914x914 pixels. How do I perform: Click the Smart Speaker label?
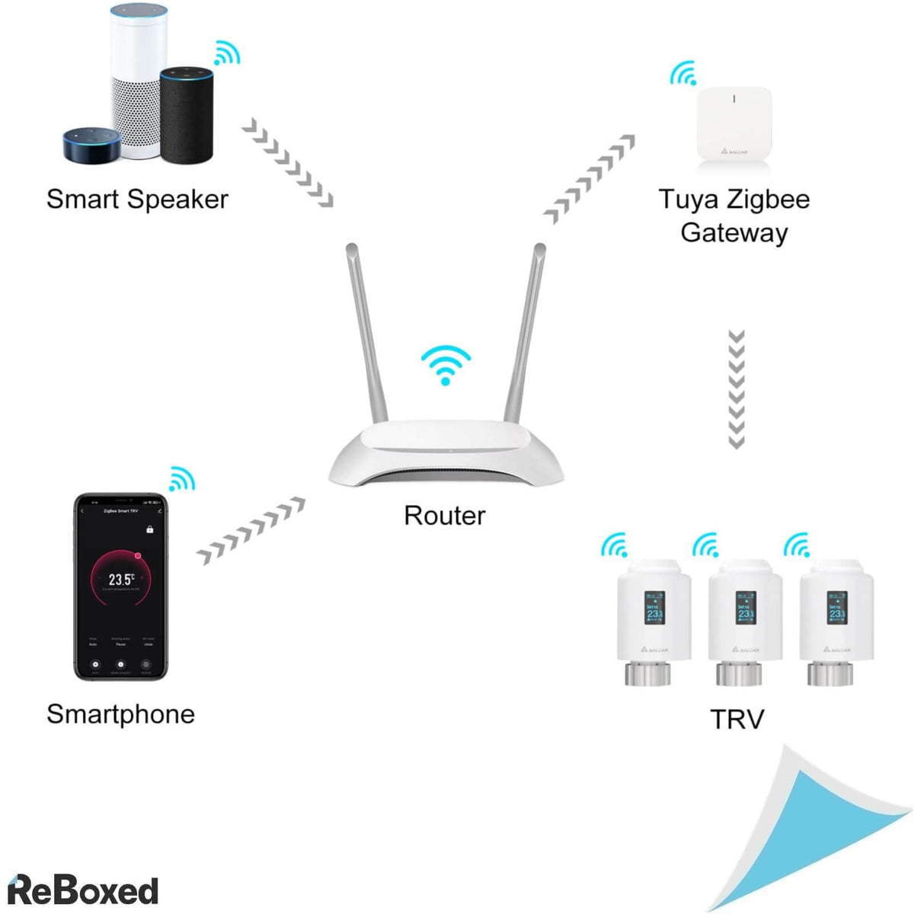(x=137, y=200)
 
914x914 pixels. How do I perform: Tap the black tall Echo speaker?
(x=187, y=114)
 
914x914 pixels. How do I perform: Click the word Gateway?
(x=734, y=233)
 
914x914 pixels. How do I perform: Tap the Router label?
(x=444, y=516)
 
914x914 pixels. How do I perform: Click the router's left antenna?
(x=363, y=335)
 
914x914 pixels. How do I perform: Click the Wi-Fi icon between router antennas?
(x=446, y=364)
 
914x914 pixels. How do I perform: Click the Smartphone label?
(x=120, y=714)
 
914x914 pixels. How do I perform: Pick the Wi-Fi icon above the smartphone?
(x=181, y=478)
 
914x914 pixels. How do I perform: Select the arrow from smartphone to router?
(x=251, y=531)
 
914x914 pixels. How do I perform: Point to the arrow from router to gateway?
(x=590, y=180)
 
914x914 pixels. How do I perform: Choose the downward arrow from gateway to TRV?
(x=736, y=389)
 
